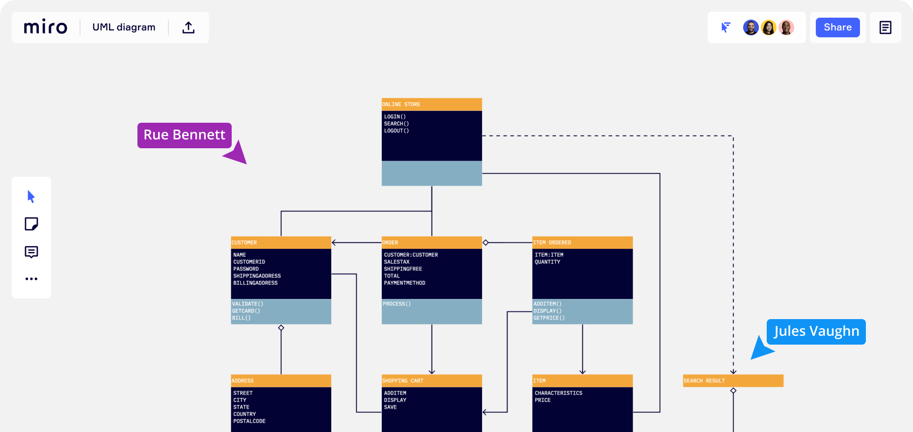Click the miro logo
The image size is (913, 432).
[x=45, y=27]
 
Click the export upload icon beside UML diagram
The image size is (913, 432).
[x=188, y=27]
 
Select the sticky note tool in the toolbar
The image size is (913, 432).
[x=31, y=224]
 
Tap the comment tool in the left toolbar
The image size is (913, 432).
[x=31, y=252]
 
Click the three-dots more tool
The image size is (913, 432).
[x=31, y=279]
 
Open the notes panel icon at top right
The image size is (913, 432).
[x=886, y=27]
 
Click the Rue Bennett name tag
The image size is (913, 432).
[x=185, y=135]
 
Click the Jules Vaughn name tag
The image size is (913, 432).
[x=816, y=331]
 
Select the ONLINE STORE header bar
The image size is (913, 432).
[x=432, y=105]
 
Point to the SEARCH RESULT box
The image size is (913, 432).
[x=733, y=381]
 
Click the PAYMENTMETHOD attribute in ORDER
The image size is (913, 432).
[x=404, y=283]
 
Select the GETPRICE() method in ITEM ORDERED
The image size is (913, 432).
[x=549, y=318]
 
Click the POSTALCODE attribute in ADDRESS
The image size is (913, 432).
[x=249, y=421]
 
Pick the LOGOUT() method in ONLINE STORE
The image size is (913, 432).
[x=397, y=131]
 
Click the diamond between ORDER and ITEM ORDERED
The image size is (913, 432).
[x=485, y=243]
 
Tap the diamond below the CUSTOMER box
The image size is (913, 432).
[x=281, y=327]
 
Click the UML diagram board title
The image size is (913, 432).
[x=124, y=27]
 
